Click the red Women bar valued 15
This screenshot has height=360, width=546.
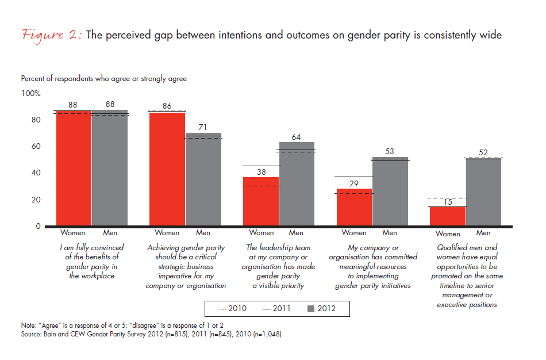[448, 216]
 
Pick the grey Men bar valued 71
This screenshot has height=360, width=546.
[203, 179]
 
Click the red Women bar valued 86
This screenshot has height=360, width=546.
[167, 169]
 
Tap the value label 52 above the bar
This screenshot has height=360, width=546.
[483, 152]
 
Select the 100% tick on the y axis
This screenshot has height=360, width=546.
[31, 93]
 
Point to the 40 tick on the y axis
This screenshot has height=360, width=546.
[36, 173]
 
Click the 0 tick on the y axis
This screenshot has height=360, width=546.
[38, 227]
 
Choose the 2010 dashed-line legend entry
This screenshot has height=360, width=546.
[232, 309]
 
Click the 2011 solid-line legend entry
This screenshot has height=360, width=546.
[278, 309]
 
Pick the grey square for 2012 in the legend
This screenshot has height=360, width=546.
[311, 309]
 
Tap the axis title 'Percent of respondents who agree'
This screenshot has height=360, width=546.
[104, 78]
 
